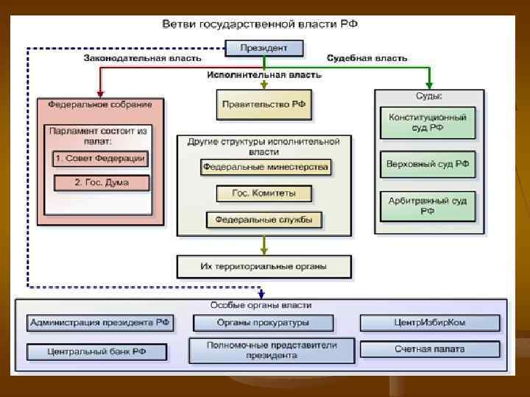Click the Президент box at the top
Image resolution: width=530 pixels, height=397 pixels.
(264, 49)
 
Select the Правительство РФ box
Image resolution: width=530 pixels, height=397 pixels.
(264, 104)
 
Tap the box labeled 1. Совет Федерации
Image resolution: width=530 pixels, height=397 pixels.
(100, 159)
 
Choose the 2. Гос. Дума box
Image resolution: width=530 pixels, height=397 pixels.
(102, 182)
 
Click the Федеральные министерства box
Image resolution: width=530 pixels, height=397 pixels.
(265, 168)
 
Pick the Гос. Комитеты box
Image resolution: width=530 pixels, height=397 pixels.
(264, 193)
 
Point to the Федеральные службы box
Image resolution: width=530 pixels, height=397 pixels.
(264, 219)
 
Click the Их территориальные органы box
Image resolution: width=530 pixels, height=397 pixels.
(264, 265)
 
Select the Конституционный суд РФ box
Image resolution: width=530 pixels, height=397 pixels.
(428, 122)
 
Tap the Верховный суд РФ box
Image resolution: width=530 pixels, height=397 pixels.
(428, 164)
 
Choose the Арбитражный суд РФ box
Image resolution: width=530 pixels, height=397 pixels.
(428, 206)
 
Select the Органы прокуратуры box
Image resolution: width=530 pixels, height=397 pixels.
(263, 323)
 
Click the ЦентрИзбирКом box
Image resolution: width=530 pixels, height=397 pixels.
(430, 323)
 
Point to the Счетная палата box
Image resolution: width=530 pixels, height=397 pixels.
(430, 349)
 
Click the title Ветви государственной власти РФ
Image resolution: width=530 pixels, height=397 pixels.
(260, 24)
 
